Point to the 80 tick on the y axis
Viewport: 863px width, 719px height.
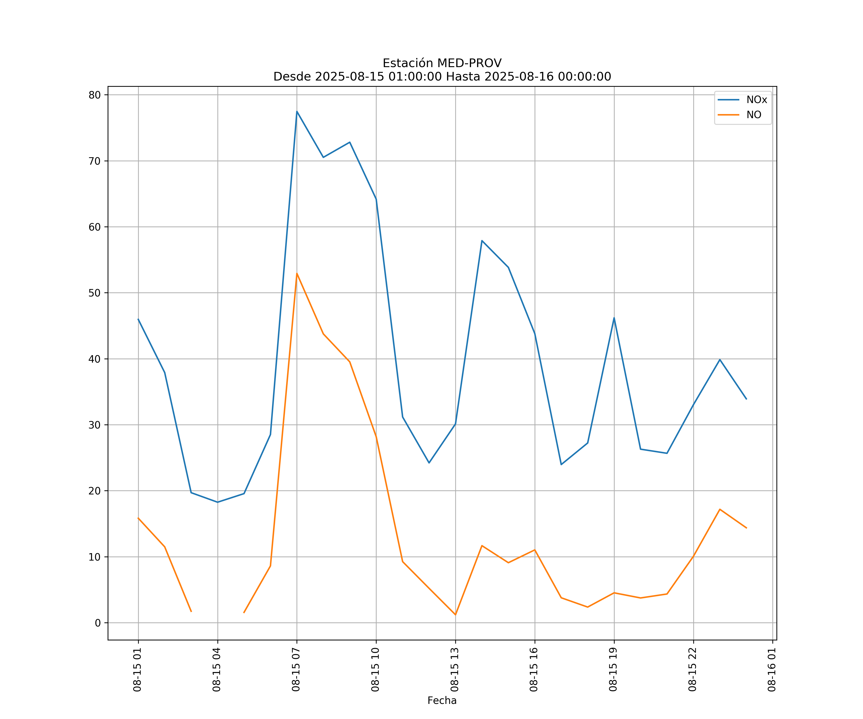click(x=94, y=95)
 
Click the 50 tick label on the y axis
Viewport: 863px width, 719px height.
click(x=94, y=293)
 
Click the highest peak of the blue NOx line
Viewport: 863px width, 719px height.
click(x=297, y=111)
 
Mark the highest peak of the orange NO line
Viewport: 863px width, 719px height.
click(x=297, y=273)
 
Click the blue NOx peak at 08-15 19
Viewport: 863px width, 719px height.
click(x=614, y=318)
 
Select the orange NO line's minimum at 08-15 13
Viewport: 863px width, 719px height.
click(x=455, y=615)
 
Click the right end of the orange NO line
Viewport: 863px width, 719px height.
click(x=746, y=528)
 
